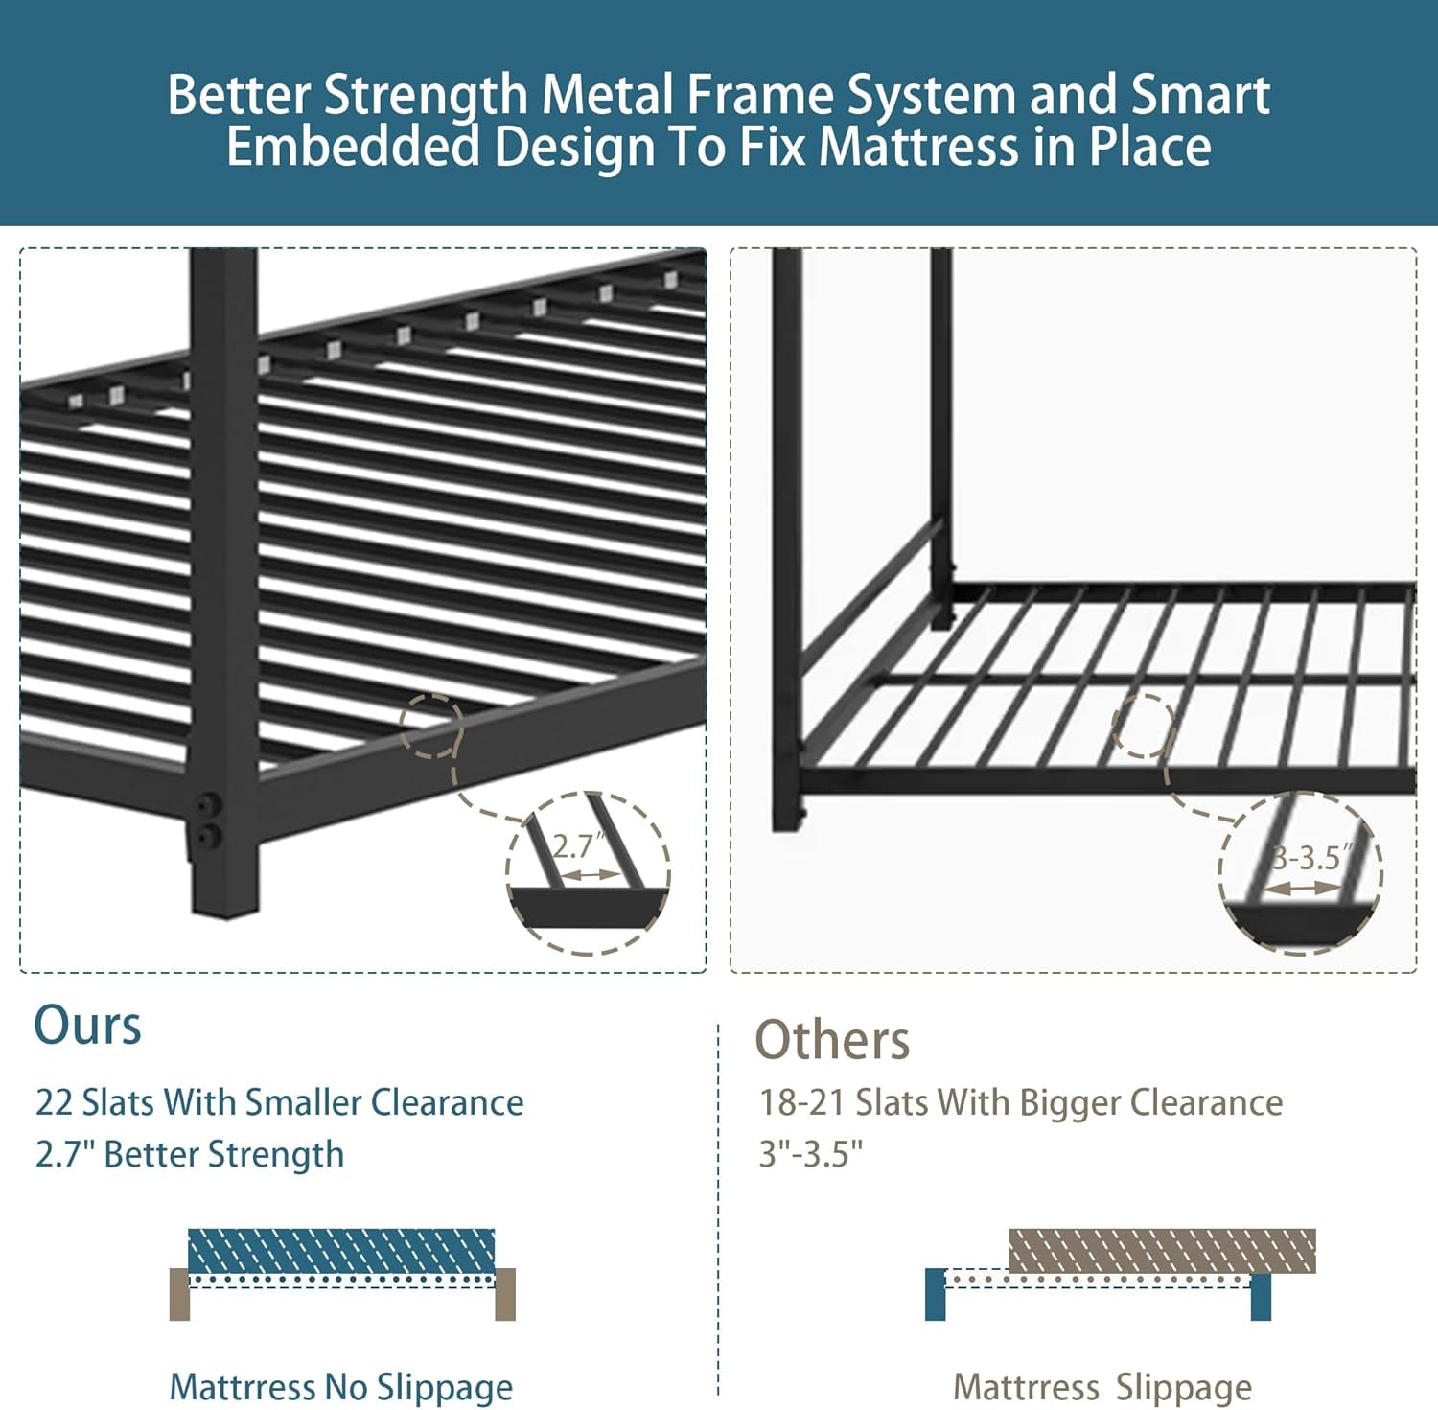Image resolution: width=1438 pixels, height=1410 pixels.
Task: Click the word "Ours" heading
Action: (87, 1026)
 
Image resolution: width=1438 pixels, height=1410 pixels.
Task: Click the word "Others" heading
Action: (832, 1041)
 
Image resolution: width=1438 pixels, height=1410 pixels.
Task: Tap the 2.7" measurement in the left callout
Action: (578, 846)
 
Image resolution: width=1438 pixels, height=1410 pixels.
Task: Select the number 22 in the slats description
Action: (54, 1103)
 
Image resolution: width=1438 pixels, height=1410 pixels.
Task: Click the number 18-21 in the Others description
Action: (801, 1103)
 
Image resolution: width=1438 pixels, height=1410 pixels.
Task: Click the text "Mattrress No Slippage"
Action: (340, 1387)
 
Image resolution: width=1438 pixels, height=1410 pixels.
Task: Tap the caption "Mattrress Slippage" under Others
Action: (1102, 1387)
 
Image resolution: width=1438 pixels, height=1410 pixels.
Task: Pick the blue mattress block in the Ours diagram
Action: (341, 1251)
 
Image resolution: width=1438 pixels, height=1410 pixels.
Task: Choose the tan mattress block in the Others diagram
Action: (1162, 1250)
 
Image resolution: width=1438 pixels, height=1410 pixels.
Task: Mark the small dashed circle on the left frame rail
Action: (431, 726)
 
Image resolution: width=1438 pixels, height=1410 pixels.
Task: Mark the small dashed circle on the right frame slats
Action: (1144, 726)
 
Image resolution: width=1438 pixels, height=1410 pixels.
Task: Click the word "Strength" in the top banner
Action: (425, 96)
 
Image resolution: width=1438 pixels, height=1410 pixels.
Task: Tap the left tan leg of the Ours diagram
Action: (179, 1294)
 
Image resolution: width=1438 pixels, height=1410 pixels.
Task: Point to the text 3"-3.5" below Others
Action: (811, 1155)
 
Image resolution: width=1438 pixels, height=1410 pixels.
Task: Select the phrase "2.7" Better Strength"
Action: (190, 1155)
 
